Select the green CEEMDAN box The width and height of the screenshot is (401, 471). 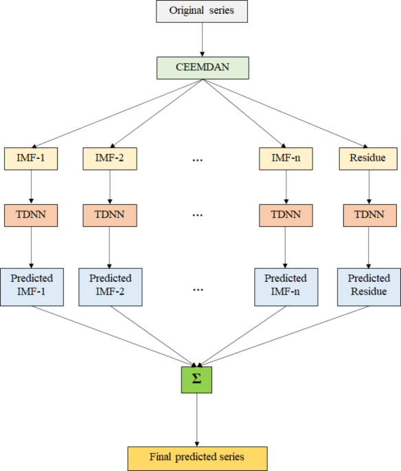click(201, 68)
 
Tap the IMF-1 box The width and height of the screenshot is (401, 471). click(30, 159)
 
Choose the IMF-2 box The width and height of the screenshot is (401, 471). click(110, 159)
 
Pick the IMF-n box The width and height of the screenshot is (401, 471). click(285, 159)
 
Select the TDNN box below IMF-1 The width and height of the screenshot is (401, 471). click(30, 215)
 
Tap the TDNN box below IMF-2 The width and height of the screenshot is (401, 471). click(110, 215)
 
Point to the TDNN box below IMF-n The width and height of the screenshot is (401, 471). click(285, 215)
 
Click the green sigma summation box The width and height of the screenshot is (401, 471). click(197, 379)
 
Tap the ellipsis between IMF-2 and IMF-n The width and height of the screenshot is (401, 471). click(198, 160)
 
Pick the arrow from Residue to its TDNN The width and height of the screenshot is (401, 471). click(369, 186)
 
